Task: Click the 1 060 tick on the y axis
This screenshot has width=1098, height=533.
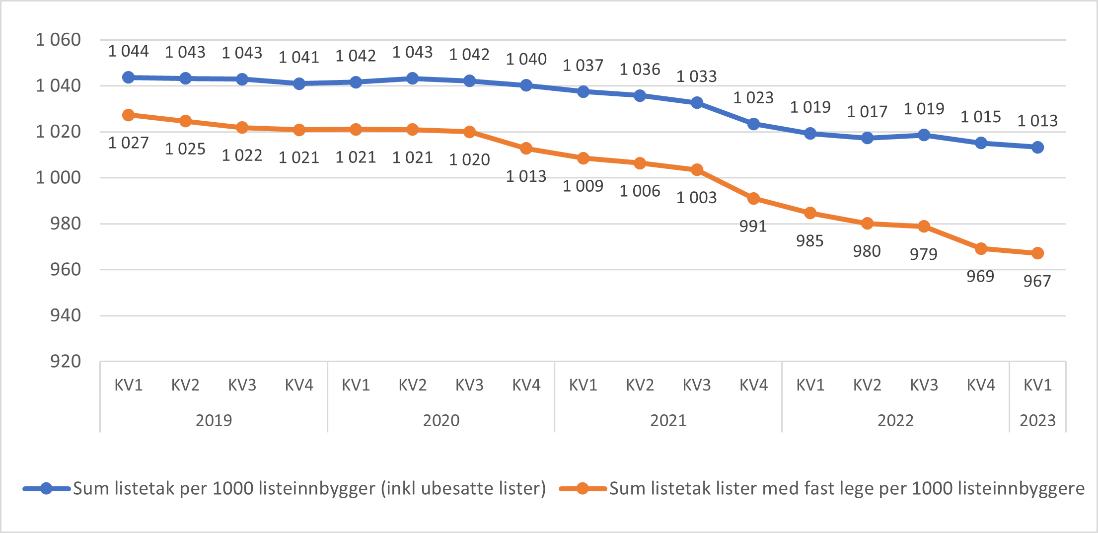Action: pos(58,40)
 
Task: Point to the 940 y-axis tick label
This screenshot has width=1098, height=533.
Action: pos(65,315)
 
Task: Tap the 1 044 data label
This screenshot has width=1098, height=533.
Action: pos(128,51)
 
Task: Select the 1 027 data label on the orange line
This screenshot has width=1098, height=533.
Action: pos(128,143)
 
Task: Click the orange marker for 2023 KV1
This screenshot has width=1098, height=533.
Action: pos(1037,253)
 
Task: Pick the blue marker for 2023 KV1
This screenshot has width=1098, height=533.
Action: pos(1037,147)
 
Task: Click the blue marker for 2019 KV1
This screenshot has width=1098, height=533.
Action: pos(128,77)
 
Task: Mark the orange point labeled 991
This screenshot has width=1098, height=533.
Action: pos(753,199)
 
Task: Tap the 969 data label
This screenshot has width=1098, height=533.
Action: pos(980,276)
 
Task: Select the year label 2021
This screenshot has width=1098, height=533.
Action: pos(668,421)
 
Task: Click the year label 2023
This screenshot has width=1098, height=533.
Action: pos(1037,421)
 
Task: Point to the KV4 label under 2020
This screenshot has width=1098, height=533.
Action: pos(526,385)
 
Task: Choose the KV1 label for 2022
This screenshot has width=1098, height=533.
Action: pos(810,385)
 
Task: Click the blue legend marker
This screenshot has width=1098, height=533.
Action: pos(46,489)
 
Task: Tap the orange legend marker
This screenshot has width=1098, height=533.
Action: pos(583,489)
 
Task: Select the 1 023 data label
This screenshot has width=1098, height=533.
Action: pos(753,98)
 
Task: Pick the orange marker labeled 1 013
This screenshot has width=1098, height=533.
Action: pos(526,149)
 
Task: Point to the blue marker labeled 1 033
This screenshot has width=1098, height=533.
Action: pos(697,103)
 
